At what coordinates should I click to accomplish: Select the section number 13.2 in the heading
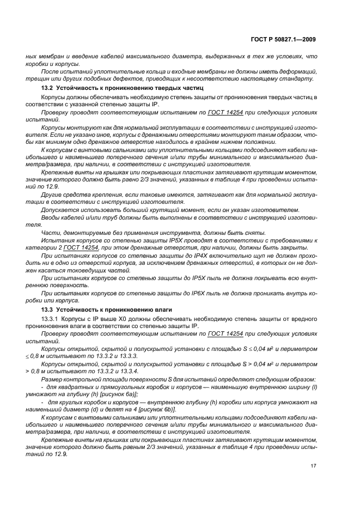tap(49, 87)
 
